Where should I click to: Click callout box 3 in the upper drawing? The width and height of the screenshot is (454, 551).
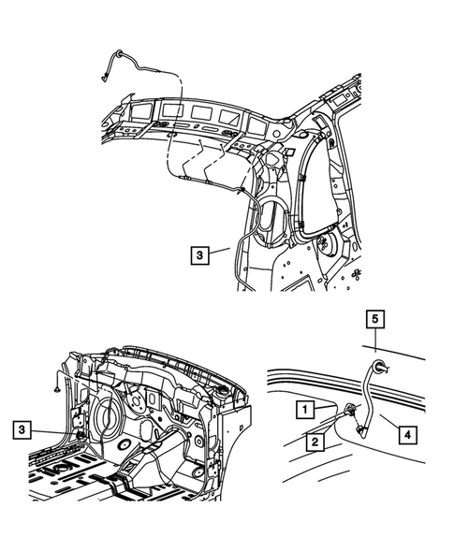point(201,253)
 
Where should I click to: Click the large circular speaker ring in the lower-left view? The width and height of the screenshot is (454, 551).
point(110,413)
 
